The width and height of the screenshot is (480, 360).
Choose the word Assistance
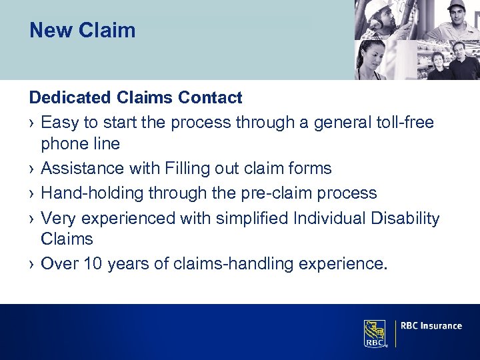click(83, 169)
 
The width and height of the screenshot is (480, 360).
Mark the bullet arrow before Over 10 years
click(32, 265)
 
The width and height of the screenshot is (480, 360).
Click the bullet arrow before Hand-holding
click(32, 194)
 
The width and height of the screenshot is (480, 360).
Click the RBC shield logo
click(375, 332)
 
